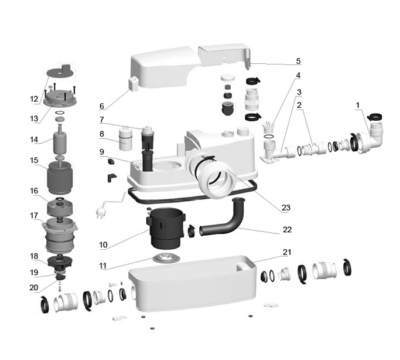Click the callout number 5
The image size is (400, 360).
(x=298, y=62)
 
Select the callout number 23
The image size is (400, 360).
(x=286, y=208)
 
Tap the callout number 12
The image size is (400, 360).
(x=34, y=99)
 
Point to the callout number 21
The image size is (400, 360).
(x=287, y=252)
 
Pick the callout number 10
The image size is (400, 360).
(x=103, y=245)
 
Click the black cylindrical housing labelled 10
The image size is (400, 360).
(x=166, y=228)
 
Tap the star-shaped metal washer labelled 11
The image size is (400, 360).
(x=166, y=258)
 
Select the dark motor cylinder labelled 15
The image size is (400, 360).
(x=60, y=178)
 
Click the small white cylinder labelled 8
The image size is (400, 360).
(x=125, y=138)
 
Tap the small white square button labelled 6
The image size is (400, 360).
(x=133, y=84)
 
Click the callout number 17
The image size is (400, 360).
(x=34, y=216)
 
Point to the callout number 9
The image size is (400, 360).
(x=102, y=152)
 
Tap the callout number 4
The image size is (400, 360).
(x=298, y=75)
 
